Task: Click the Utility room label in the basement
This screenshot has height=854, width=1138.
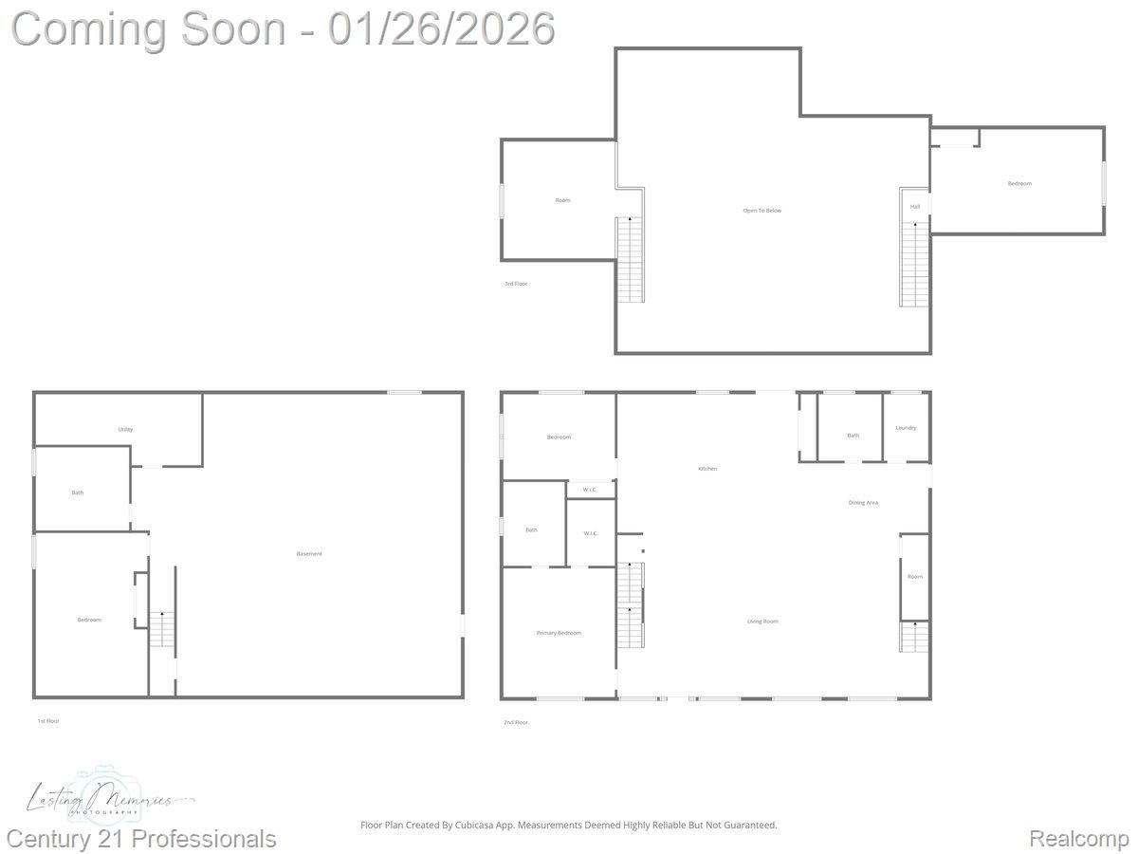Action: point(125,429)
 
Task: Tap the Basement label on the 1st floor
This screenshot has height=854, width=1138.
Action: point(309,553)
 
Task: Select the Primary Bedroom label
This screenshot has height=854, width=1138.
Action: point(559,633)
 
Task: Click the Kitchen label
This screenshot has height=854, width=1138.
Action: point(707,469)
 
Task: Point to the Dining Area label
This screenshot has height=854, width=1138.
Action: point(863,502)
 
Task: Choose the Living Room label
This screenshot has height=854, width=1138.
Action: point(762,622)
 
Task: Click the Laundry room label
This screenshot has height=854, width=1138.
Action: point(906,428)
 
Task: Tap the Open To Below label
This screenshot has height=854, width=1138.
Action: point(762,210)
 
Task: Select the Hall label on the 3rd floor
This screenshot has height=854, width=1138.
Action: point(915,206)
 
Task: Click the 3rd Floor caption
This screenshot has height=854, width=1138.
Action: point(516,284)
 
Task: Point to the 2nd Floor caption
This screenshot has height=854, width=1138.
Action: point(516,722)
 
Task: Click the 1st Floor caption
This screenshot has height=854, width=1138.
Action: point(48,721)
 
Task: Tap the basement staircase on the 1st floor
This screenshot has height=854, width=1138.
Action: point(161,630)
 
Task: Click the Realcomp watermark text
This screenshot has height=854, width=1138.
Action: point(1079,839)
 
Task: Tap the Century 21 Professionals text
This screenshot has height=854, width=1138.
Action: point(142,839)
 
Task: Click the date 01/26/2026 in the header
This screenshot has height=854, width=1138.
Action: point(441,28)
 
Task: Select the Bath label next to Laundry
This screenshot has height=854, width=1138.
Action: point(853,436)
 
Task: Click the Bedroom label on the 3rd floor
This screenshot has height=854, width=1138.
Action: point(1019,183)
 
